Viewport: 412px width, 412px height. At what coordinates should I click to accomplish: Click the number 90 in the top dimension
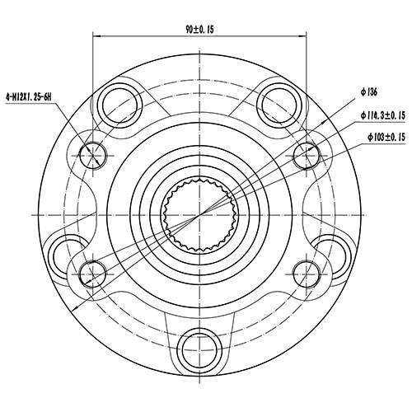(x=191, y=28)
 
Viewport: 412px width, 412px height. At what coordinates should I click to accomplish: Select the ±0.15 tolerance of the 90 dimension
(x=207, y=28)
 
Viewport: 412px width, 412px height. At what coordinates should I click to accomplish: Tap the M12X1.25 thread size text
(x=26, y=97)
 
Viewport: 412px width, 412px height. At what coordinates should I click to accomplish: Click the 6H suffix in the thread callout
(x=48, y=97)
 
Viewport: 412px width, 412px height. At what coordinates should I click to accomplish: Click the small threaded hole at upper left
(x=93, y=153)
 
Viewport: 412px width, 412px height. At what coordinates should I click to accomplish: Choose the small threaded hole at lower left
(x=93, y=269)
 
